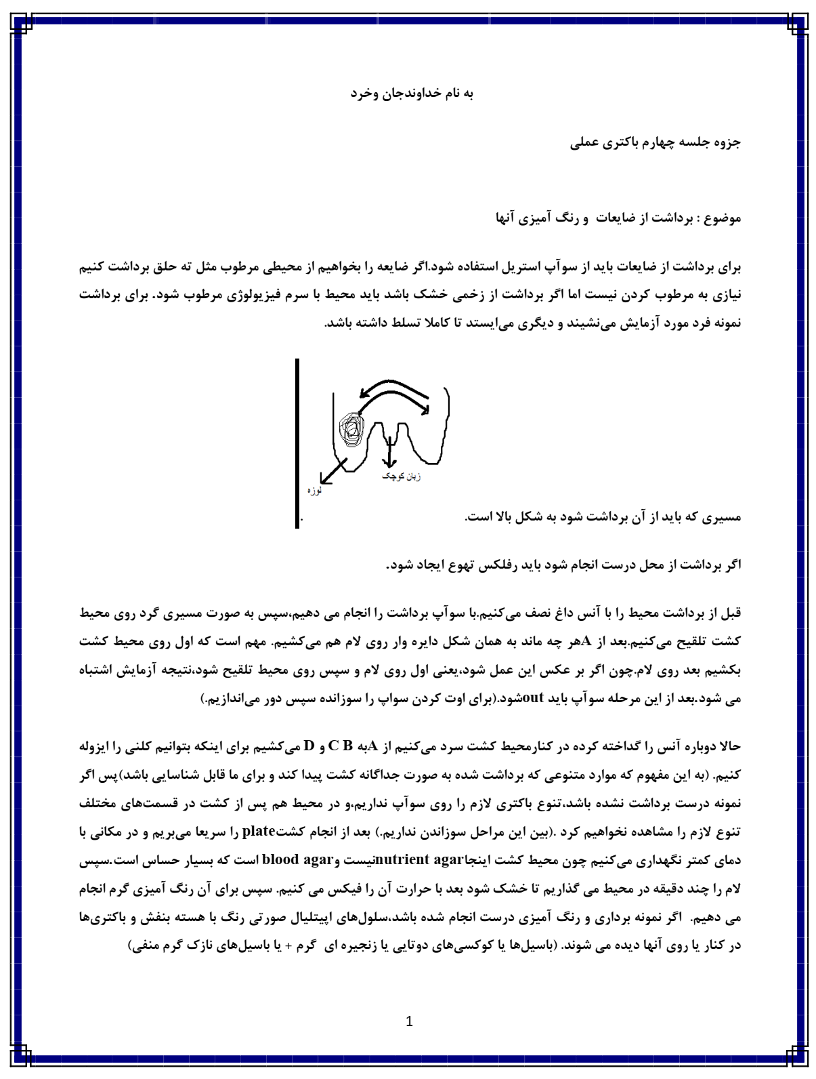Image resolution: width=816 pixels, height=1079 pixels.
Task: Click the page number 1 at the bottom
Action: (x=408, y=1021)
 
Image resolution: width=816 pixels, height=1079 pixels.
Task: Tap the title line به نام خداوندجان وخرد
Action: (x=412, y=94)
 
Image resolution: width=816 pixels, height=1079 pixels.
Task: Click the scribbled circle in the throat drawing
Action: (x=351, y=429)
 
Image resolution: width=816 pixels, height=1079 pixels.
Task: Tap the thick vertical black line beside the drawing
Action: (x=297, y=443)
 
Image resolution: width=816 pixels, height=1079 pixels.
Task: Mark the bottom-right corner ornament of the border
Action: (x=794, y=1057)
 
